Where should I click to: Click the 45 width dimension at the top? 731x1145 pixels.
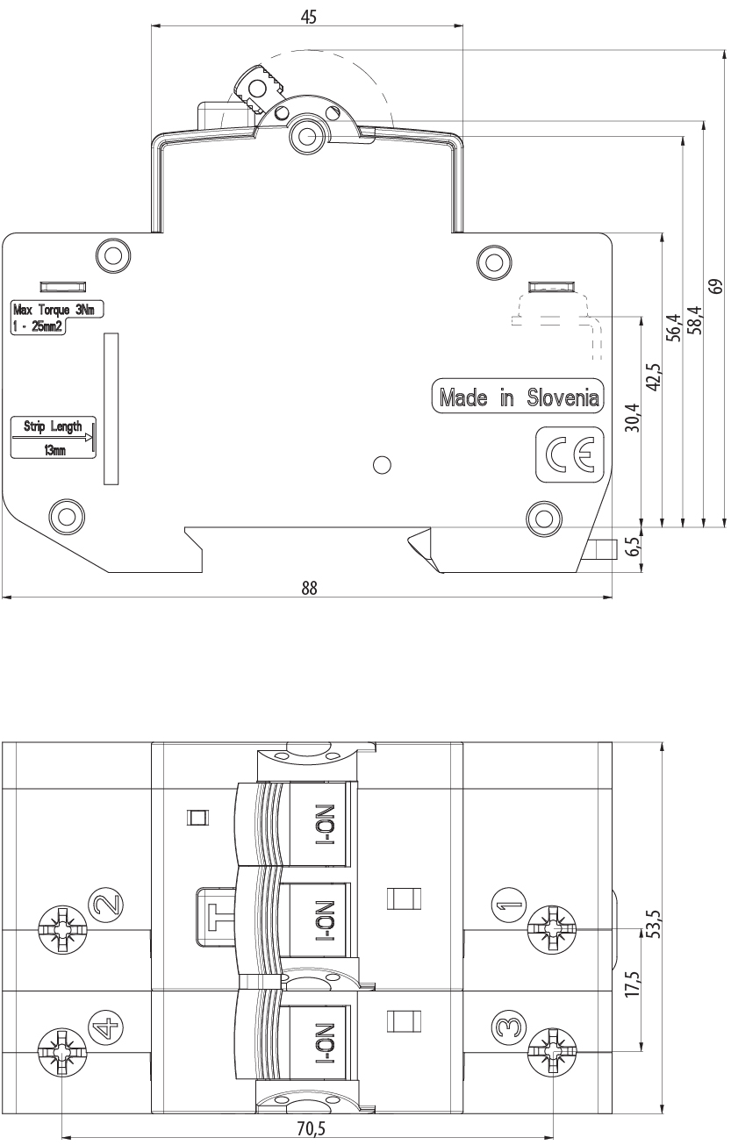(x=308, y=18)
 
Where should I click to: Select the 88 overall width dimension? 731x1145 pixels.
(x=309, y=589)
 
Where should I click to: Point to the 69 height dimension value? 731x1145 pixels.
(x=717, y=286)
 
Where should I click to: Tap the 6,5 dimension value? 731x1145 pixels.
(x=633, y=547)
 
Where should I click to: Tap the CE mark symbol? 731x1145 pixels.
(x=569, y=454)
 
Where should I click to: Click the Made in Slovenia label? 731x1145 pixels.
(x=518, y=397)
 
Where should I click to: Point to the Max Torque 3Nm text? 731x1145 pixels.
(x=54, y=309)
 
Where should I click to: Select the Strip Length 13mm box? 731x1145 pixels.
(x=54, y=437)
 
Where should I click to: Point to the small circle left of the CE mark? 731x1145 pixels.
(x=383, y=465)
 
